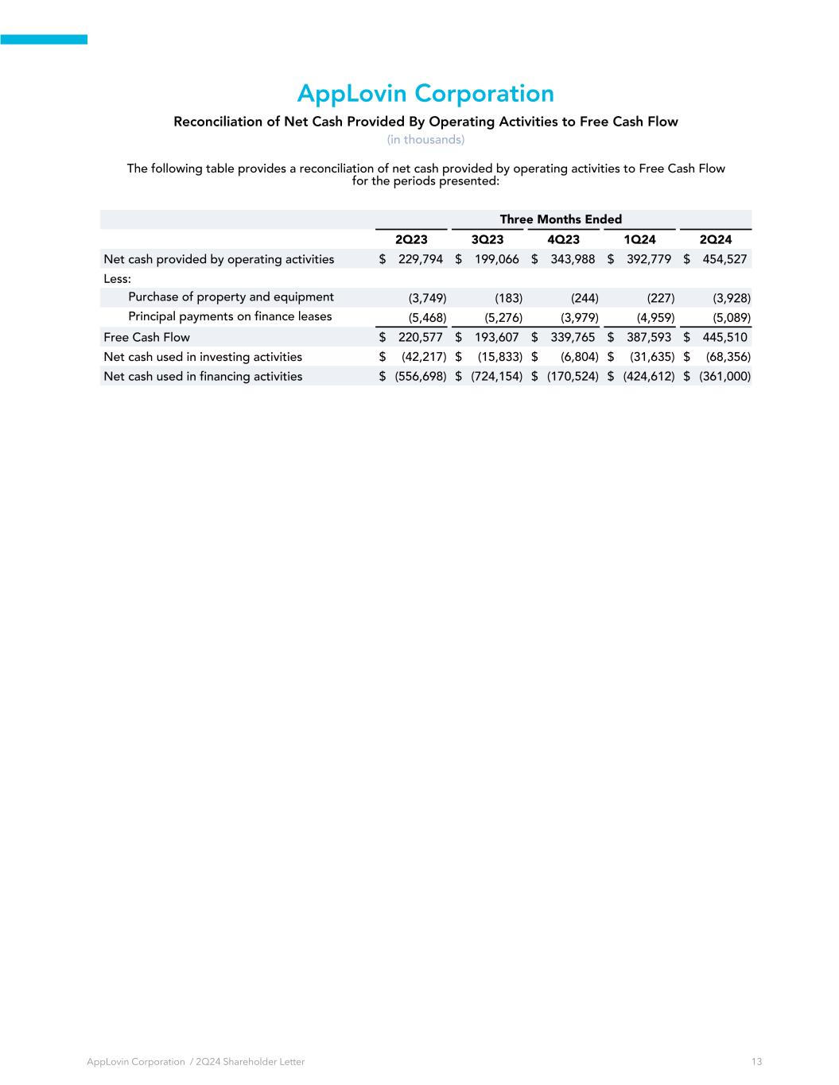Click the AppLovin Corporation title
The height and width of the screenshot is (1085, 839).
[x=425, y=94]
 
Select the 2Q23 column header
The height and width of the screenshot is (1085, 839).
[x=411, y=239]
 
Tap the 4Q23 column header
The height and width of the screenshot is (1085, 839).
[x=563, y=239]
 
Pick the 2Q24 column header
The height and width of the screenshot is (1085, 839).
[x=715, y=239]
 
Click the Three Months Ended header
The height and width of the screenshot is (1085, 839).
[x=561, y=219]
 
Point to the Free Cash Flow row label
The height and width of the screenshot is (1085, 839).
[x=147, y=337]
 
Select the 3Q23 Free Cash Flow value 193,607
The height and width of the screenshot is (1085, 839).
[x=496, y=337]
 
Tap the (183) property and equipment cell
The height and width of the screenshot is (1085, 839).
[x=508, y=298]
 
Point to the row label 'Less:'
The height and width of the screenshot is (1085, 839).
[x=118, y=279]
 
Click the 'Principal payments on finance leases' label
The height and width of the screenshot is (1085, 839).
[x=231, y=316]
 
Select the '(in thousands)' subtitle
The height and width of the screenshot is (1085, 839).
[x=425, y=140]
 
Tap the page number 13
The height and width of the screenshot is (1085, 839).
[x=756, y=1062]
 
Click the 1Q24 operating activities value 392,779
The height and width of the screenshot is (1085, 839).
[x=648, y=259]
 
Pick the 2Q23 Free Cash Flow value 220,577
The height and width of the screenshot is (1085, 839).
[x=420, y=337]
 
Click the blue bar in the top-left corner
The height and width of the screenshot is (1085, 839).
[x=44, y=39]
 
